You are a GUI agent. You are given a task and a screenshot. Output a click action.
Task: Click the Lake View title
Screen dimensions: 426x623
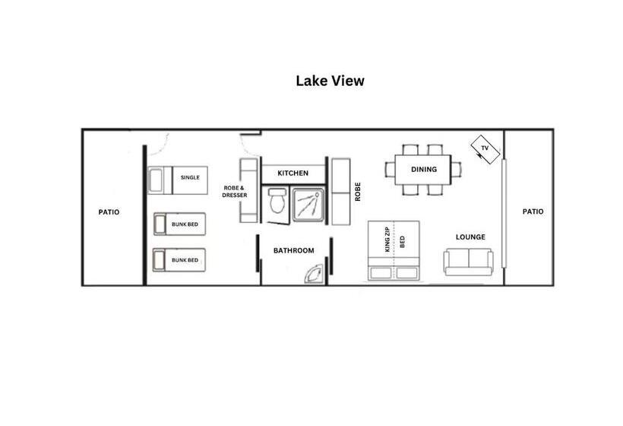(x=330, y=81)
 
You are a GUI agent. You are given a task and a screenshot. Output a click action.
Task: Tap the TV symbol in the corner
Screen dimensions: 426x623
(x=484, y=149)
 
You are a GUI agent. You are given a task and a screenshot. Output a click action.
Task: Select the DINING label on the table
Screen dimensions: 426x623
(x=423, y=169)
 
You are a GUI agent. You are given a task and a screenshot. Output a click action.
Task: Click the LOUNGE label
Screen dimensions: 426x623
(x=470, y=237)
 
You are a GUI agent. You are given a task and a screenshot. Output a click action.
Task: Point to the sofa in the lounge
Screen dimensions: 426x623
(x=469, y=261)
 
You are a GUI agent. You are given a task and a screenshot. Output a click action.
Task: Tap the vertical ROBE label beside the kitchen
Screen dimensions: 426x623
(x=356, y=191)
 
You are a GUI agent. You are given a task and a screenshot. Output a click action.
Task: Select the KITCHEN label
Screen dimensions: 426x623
(x=293, y=173)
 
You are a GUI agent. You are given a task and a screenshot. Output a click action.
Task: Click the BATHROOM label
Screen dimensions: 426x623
(x=293, y=250)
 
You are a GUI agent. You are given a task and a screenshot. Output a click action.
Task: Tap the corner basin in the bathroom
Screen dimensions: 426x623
(x=315, y=275)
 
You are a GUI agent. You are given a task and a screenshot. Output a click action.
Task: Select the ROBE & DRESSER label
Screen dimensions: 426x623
(x=235, y=191)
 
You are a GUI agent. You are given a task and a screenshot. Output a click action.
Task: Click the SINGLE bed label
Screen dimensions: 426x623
(x=190, y=177)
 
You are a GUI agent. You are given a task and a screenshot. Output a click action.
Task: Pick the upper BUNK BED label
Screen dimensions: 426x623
(x=185, y=224)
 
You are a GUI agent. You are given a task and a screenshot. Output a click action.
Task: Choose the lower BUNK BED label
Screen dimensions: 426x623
(x=185, y=260)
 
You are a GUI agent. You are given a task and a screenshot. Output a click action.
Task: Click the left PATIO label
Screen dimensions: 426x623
(x=109, y=212)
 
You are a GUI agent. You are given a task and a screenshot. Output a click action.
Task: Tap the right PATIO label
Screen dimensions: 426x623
(x=533, y=211)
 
